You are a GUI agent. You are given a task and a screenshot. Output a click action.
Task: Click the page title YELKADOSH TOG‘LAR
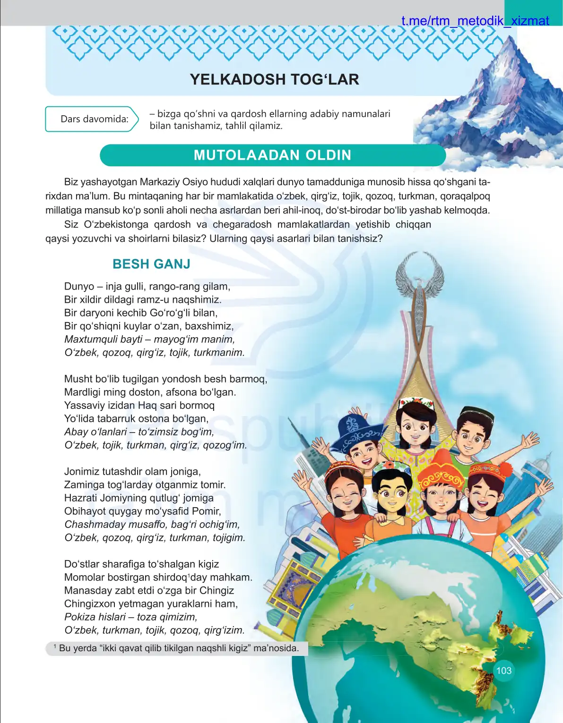pos(274,79)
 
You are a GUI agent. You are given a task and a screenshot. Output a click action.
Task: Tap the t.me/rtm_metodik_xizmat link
pos(475,21)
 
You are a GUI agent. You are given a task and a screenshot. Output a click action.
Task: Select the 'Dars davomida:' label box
pos(92,119)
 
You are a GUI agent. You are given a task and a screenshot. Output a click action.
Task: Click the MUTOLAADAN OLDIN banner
pos(272,155)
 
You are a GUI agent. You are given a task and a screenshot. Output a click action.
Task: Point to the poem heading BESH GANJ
pos(151,264)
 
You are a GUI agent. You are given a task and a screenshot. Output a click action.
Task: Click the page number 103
pos(504,671)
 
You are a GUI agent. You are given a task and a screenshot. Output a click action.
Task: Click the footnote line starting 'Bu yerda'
pos(178,648)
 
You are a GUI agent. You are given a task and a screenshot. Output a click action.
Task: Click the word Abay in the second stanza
pos(76,432)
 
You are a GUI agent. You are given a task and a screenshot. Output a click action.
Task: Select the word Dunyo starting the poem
pos(79,286)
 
